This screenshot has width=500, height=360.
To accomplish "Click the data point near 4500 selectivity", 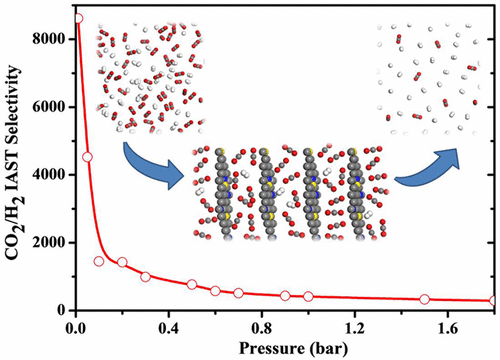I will (x=87, y=157).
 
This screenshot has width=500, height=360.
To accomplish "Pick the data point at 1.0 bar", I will (x=308, y=296).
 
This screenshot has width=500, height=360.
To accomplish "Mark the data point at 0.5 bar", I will (x=192, y=284).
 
